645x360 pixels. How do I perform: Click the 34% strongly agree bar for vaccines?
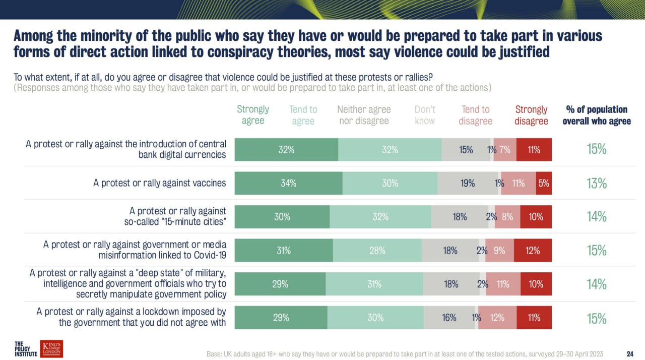click(x=289, y=184)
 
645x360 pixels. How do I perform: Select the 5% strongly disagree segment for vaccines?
click(x=544, y=184)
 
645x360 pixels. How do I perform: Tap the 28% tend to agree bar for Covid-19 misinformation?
click(x=377, y=251)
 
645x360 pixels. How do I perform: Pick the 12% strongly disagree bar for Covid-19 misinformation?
click(x=533, y=251)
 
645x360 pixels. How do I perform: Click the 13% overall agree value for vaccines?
click(x=597, y=184)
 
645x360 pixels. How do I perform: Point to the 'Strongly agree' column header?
click(x=253, y=115)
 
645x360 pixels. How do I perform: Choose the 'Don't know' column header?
click(x=425, y=115)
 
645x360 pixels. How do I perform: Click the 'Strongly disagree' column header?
click(x=531, y=115)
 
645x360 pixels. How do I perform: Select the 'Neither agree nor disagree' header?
click(x=364, y=115)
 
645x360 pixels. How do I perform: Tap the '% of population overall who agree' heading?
click(x=597, y=115)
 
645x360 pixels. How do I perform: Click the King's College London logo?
click(x=52, y=348)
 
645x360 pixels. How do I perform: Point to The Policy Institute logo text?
click(x=26, y=348)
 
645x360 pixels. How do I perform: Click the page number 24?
click(x=629, y=353)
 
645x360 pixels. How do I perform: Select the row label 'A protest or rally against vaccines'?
click(x=160, y=184)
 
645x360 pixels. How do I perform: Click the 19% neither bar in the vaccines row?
click(x=467, y=184)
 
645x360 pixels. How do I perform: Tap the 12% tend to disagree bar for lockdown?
click(x=497, y=318)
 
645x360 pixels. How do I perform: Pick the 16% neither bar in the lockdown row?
click(x=449, y=318)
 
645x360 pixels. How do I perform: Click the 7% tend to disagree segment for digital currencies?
click(x=505, y=150)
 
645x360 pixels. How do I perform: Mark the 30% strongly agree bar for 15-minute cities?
click(x=282, y=217)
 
